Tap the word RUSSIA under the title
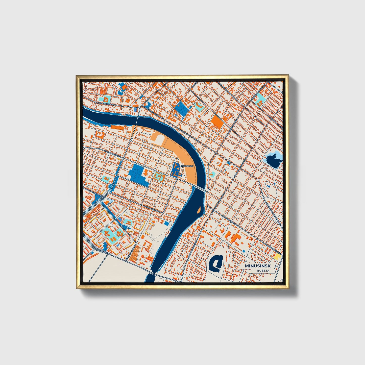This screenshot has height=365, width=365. click(263, 271)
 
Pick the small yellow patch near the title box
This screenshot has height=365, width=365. click(278, 257)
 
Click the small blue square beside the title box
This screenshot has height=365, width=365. click(244, 251)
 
